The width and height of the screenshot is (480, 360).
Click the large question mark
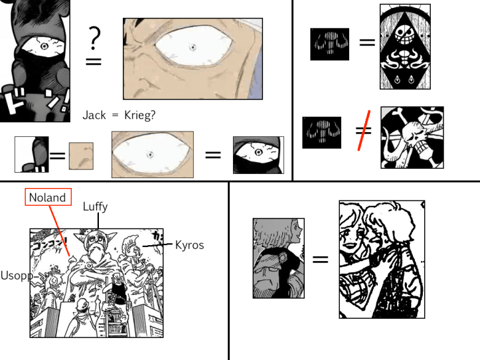[95, 39]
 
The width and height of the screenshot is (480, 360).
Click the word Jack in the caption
[94, 115]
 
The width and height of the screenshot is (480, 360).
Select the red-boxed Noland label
[47, 197]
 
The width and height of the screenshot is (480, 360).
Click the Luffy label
[95, 207]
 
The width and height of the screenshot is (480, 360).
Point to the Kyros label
[189, 245]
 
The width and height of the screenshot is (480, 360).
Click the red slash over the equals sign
[362, 136]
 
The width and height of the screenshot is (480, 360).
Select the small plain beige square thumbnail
[81, 156]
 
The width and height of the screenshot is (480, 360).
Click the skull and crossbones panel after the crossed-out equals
[411, 137]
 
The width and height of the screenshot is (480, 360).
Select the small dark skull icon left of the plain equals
[329, 45]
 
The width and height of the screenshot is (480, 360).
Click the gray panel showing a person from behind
[278, 258]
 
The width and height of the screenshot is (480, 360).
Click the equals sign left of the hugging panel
[321, 258]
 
